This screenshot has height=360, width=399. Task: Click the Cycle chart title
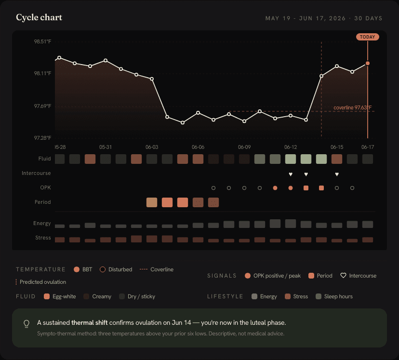click(x=39, y=17)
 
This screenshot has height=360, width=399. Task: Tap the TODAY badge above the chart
click(x=368, y=37)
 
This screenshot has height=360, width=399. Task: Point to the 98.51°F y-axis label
click(x=42, y=41)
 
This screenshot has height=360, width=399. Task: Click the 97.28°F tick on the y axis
click(x=42, y=138)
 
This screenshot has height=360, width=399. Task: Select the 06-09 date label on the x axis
click(x=244, y=147)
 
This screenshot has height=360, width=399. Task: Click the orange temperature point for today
click(x=368, y=63)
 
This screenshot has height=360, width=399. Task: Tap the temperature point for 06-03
click(x=152, y=79)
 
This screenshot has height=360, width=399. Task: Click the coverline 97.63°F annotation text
click(x=352, y=107)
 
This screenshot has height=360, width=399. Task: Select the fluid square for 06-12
click(x=291, y=159)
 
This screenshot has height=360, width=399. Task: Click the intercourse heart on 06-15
click(x=337, y=174)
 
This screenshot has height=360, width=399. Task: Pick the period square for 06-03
click(x=152, y=202)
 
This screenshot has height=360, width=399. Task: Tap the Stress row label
click(x=43, y=238)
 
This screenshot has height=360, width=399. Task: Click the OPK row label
click(x=46, y=187)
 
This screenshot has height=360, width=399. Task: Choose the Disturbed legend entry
click(x=116, y=269)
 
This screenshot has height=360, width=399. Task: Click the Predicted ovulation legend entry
click(x=41, y=282)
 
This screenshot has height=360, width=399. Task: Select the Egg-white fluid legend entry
click(x=60, y=296)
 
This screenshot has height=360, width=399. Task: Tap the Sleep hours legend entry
click(x=334, y=296)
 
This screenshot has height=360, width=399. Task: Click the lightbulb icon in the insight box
click(x=27, y=324)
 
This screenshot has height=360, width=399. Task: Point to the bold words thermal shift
click(x=90, y=322)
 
